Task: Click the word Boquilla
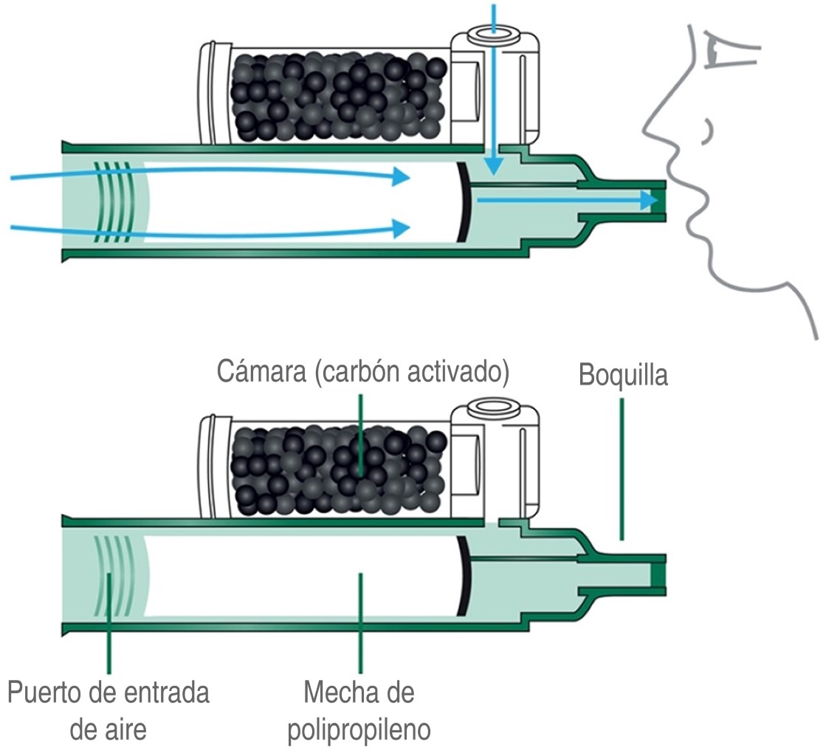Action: click(x=623, y=375)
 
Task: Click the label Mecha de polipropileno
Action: click(x=359, y=711)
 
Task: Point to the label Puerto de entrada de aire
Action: click(x=109, y=711)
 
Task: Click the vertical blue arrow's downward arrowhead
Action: click(x=494, y=165)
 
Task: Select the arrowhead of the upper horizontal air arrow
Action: click(x=402, y=177)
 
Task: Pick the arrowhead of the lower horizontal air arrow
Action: click(x=402, y=227)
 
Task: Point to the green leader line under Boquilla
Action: click(x=622, y=468)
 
